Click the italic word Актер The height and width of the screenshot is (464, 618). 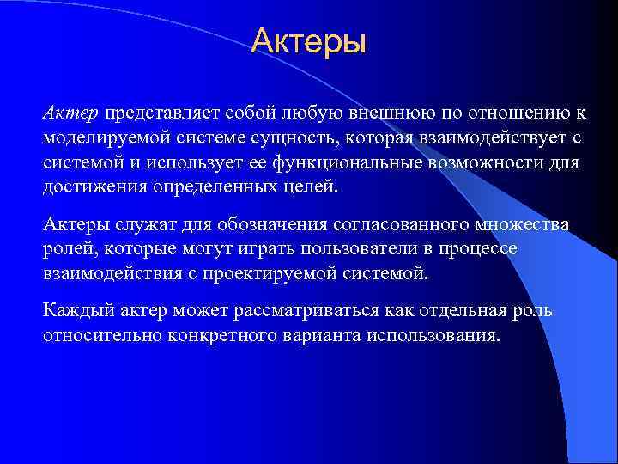[x=72, y=113]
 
